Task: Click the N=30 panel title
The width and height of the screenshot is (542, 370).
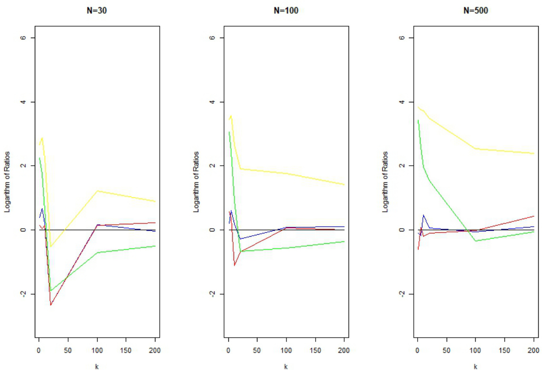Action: (96, 10)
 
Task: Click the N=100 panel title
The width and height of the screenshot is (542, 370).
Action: (286, 10)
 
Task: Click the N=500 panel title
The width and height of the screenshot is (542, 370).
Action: (475, 10)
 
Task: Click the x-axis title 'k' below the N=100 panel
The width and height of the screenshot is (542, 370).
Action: (286, 366)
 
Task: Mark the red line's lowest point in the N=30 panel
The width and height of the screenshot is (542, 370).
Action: (50, 305)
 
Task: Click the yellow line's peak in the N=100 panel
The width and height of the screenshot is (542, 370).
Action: (231, 115)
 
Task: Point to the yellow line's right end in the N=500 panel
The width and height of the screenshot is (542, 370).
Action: (533, 153)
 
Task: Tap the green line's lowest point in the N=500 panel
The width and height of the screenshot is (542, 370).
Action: (475, 241)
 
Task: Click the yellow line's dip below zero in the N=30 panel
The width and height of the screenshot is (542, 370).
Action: (50, 247)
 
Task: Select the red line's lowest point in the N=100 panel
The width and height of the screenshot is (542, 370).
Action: (234, 265)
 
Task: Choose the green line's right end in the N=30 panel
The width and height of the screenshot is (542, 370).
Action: (155, 246)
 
